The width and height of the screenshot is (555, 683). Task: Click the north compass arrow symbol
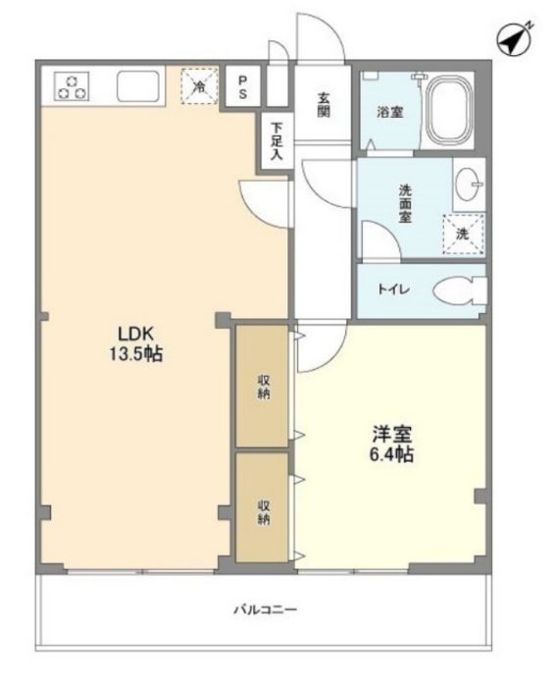(514, 39)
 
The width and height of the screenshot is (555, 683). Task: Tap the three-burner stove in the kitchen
(72, 86)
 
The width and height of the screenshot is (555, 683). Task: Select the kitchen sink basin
(137, 85)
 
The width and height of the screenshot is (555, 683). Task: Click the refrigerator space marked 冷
(199, 86)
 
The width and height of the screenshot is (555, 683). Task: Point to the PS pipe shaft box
(243, 85)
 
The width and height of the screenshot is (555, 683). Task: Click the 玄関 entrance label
(323, 105)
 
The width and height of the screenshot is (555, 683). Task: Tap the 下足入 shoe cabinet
(276, 140)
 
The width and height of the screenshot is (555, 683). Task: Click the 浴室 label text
(389, 113)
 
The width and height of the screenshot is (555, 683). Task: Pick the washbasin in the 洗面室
(468, 184)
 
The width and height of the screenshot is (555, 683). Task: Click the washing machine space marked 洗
(464, 234)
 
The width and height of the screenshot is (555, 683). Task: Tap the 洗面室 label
(405, 204)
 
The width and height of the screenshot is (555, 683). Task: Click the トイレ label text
(394, 289)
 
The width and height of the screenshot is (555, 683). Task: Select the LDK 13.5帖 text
(136, 344)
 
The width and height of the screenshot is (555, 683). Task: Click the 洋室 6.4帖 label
(391, 445)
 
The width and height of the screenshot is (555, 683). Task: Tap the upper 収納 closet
(262, 386)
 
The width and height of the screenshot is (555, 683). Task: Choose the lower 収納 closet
(262, 508)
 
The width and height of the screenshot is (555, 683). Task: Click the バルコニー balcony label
(266, 609)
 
